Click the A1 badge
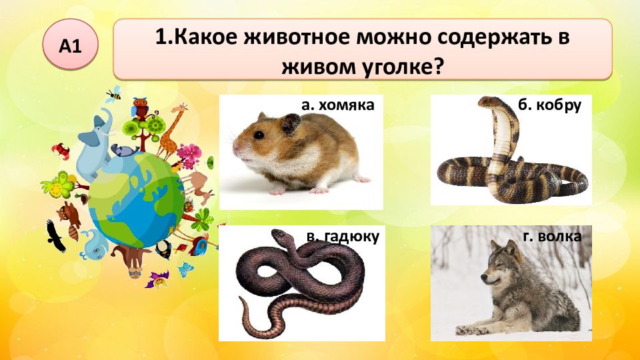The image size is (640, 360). click(70, 45)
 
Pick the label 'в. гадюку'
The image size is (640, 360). click(343, 237)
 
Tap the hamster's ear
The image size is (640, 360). click(289, 123)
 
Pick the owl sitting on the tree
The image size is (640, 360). click(141, 108)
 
